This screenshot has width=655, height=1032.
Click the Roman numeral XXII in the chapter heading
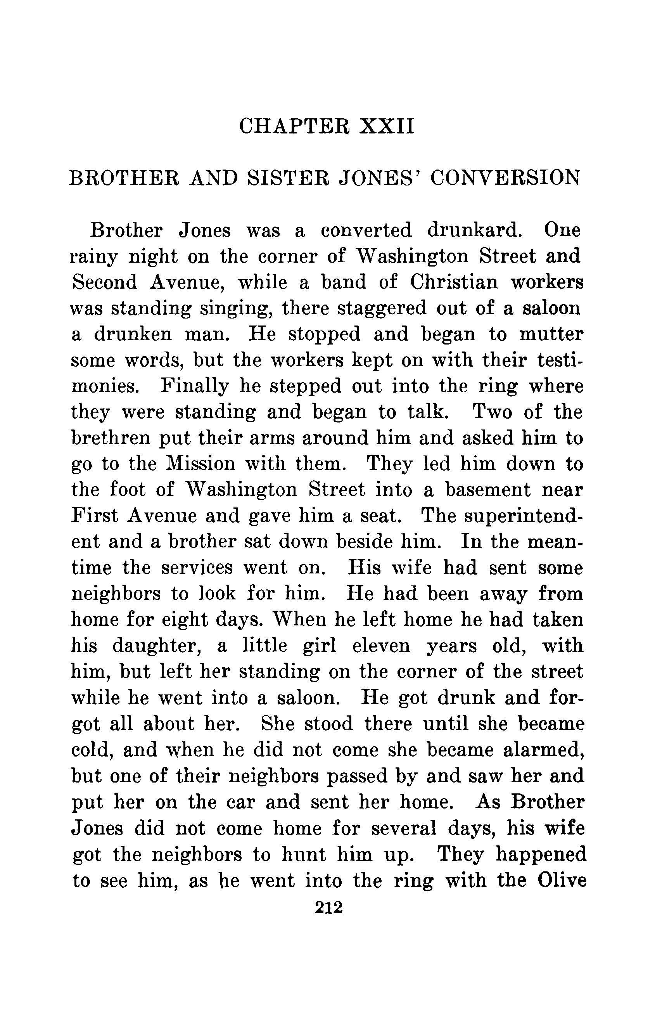pyautogui.click(x=389, y=127)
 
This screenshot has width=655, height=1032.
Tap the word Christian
pyautogui.click(x=454, y=282)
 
